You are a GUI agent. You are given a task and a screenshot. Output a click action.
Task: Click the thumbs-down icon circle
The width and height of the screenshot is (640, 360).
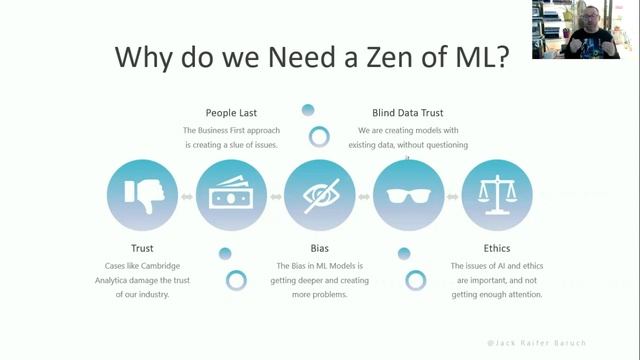pyautogui.click(x=142, y=194)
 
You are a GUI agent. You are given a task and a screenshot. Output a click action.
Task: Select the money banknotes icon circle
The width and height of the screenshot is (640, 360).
pyautogui.click(x=231, y=194)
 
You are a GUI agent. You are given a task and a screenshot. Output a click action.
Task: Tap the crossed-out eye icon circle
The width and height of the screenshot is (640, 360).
pyautogui.click(x=320, y=194)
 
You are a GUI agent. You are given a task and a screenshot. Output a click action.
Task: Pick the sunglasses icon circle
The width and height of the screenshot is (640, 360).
pyautogui.click(x=408, y=194)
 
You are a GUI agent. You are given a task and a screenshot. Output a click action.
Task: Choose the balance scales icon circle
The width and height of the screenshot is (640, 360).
pyautogui.click(x=497, y=194)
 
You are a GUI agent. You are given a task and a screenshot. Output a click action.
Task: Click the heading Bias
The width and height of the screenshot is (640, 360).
pyautogui.click(x=320, y=247)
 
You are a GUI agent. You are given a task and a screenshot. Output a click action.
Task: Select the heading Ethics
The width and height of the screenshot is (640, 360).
pyautogui.click(x=496, y=247)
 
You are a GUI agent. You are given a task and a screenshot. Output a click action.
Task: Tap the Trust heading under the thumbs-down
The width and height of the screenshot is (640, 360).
pyautogui.click(x=143, y=247)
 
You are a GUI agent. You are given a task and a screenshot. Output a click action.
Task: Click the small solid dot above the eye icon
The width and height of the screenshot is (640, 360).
pyautogui.click(x=309, y=110)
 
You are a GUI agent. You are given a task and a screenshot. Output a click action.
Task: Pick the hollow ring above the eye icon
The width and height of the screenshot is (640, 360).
pyautogui.click(x=320, y=137)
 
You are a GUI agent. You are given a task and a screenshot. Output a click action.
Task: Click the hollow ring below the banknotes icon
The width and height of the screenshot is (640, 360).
pyautogui.click(x=237, y=280)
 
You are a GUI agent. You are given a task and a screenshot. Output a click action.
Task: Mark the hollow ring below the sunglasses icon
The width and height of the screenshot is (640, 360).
pyautogui.click(x=415, y=280)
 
